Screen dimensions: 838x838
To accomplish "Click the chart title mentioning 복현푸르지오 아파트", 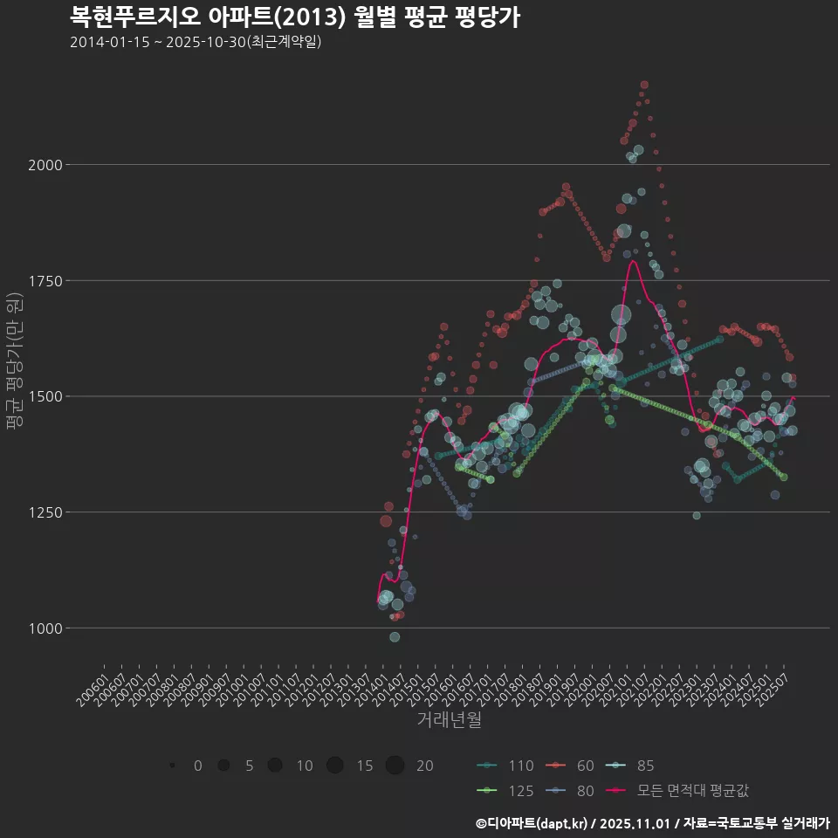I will coord(295,17).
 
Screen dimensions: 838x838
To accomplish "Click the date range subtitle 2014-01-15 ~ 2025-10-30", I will coord(196,42).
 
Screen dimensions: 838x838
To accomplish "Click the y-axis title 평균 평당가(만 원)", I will coord(14,359).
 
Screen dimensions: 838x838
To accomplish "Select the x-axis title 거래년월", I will coord(449,719).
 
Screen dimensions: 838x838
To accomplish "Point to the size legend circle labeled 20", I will coord(395,766).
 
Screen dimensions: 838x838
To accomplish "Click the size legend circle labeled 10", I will coord(275,766).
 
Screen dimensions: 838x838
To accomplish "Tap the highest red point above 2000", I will coord(644,85).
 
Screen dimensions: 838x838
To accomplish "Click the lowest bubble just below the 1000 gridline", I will coord(395,637).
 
